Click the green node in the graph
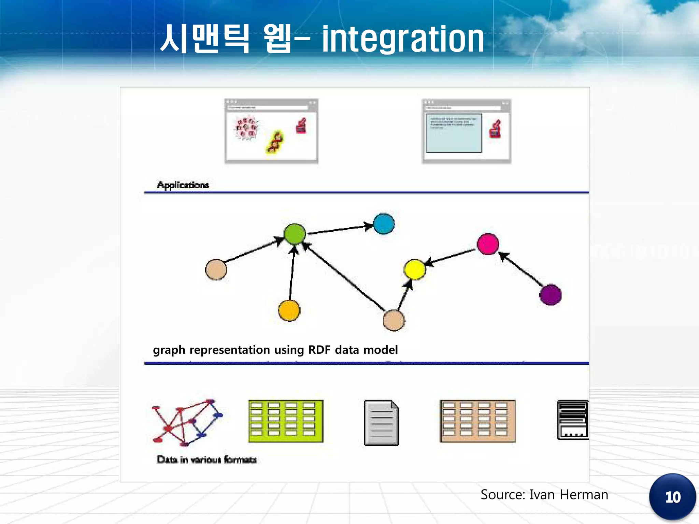coord(294,234)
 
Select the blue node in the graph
coord(384,224)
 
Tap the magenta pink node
coord(488,244)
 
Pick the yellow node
coord(414,270)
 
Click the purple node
coord(550,295)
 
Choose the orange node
coord(289,310)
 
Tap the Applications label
coord(183,185)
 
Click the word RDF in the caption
coord(319,350)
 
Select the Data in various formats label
coord(206,460)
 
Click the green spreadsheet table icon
coord(286,421)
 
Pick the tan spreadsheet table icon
coord(477,421)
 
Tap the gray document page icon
coord(381,423)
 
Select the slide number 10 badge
coord(672,497)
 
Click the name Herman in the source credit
coord(584,495)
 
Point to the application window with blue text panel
coord(466,131)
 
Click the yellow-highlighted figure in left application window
coord(275,142)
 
